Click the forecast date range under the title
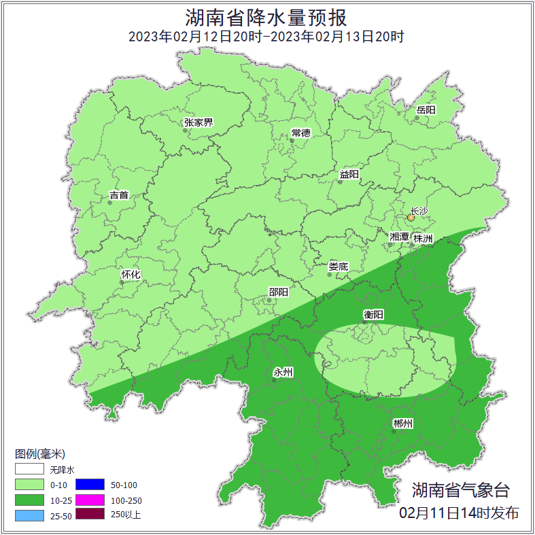tap(266, 37)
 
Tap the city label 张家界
tap(198, 123)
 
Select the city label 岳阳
tap(426, 110)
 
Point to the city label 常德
tap(300, 133)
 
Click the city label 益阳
tap(349, 174)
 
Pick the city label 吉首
tap(118, 195)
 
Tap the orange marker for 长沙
tap(411, 218)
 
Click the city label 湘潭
tap(399, 237)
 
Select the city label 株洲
tap(422, 238)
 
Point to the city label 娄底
tap(338, 266)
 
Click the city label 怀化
tap(131, 275)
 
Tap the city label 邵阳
tap(278, 292)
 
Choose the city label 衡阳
tap(373, 314)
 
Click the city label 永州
tap(283, 372)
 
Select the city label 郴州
tap(402, 424)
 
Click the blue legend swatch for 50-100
tap(90, 485)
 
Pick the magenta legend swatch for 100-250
tap(90, 500)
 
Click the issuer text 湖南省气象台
tap(460, 490)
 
